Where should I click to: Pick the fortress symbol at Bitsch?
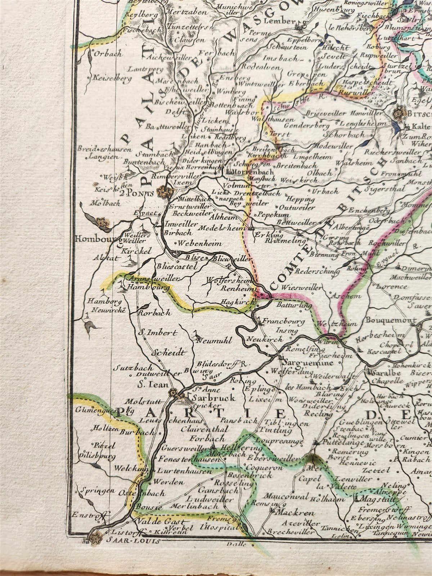pos(399,114)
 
